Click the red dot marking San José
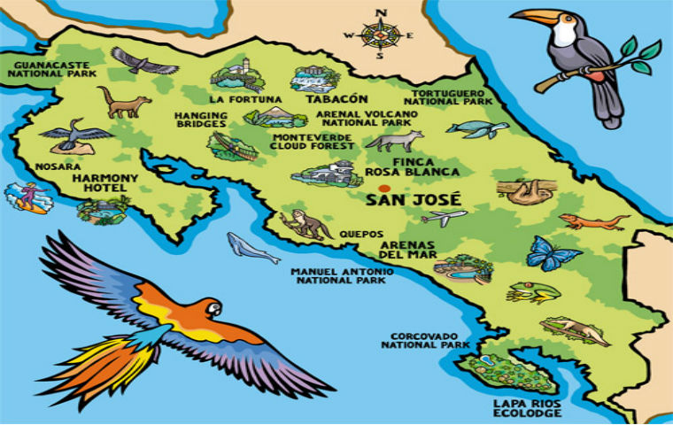[383, 189]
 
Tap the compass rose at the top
[382, 35]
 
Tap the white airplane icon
[444, 217]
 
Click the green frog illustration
[533, 292]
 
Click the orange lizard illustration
[592, 221]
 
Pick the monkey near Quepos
[306, 225]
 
